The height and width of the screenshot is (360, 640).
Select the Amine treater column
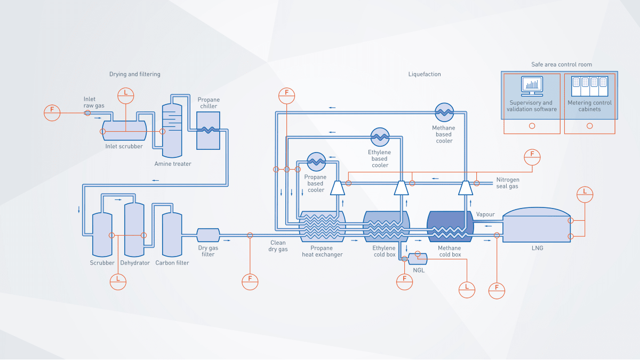click(x=172, y=128)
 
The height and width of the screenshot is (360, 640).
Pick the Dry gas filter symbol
click(x=208, y=235)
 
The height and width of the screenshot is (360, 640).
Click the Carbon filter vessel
click(x=172, y=235)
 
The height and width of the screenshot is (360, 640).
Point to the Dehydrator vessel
click(x=134, y=229)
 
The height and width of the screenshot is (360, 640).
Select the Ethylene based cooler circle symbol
click(x=380, y=137)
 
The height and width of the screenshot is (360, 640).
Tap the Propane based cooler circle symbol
click(x=316, y=161)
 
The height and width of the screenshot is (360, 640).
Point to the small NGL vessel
click(x=418, y=258)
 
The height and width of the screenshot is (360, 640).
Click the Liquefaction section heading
click(x=425, y=74)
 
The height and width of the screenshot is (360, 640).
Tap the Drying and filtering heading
click(x=134, y=74)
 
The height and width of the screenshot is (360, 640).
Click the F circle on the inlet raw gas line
click(x=52, y=113)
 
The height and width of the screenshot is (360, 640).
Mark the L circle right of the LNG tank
click(x=585, y=195)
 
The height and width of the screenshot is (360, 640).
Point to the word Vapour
click(x=485, y=214)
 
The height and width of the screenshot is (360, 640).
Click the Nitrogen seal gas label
click(x=507, y=183)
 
